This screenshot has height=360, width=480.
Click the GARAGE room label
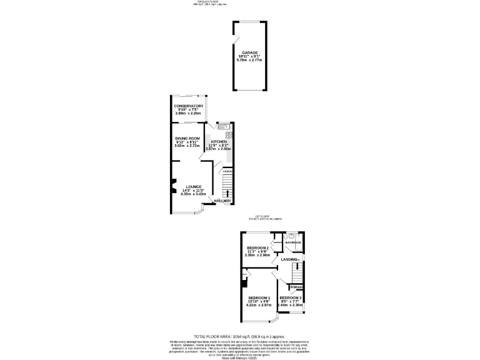[251, 52]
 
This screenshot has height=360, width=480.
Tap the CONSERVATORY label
[189, 106]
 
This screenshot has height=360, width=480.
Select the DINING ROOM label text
[187, 138]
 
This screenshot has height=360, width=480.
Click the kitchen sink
[226, 127]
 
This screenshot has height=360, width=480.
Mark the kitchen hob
[229, 134]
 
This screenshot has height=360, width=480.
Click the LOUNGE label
[193, 187]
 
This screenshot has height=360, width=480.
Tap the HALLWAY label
[222, 201]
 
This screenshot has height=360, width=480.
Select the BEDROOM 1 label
[259, 297]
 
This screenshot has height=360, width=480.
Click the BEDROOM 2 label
[257, 248]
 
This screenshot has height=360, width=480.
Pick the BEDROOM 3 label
[291, 297]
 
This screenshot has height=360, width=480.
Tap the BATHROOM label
[294, 241]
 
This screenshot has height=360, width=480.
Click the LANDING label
[289, 259]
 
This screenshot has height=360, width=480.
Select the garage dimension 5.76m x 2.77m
[251, 60]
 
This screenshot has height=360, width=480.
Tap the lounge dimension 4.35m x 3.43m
[193, 194]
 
